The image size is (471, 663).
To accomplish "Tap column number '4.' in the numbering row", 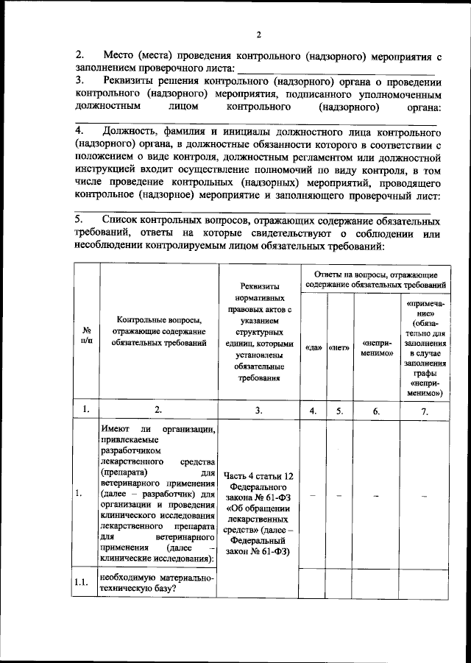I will pos(314,411).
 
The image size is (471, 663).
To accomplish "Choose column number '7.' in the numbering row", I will pos(425,411).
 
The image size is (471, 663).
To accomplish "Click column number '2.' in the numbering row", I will pos(157,411).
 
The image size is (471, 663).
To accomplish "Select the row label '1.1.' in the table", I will pos(85,582).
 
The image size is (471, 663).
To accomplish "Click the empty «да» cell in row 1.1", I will pos(314,582).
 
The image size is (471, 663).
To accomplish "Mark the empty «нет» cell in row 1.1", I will pos(339,582).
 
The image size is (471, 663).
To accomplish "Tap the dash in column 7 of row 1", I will pos(425,494).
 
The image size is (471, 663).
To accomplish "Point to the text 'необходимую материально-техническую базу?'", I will pos(157,582).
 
